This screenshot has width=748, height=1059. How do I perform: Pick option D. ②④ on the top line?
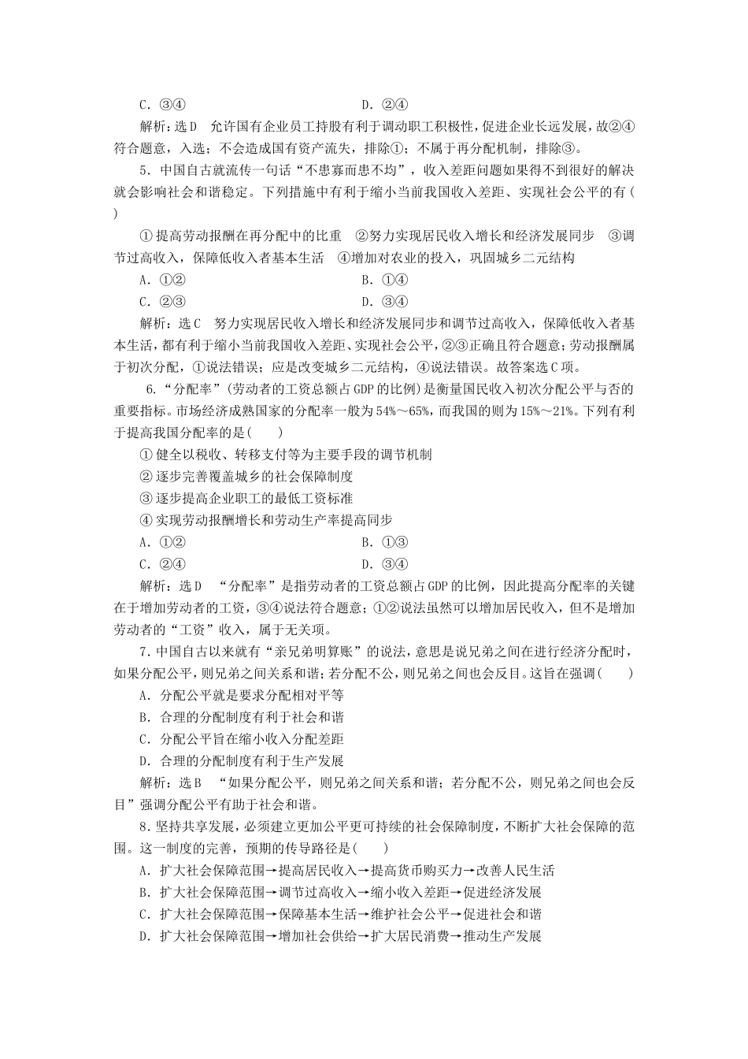(x=383, y=105)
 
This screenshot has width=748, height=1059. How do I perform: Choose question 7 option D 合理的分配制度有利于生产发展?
(x=241, y=761)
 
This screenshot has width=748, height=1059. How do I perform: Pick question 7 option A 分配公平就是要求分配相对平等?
(x=241, y=696)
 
